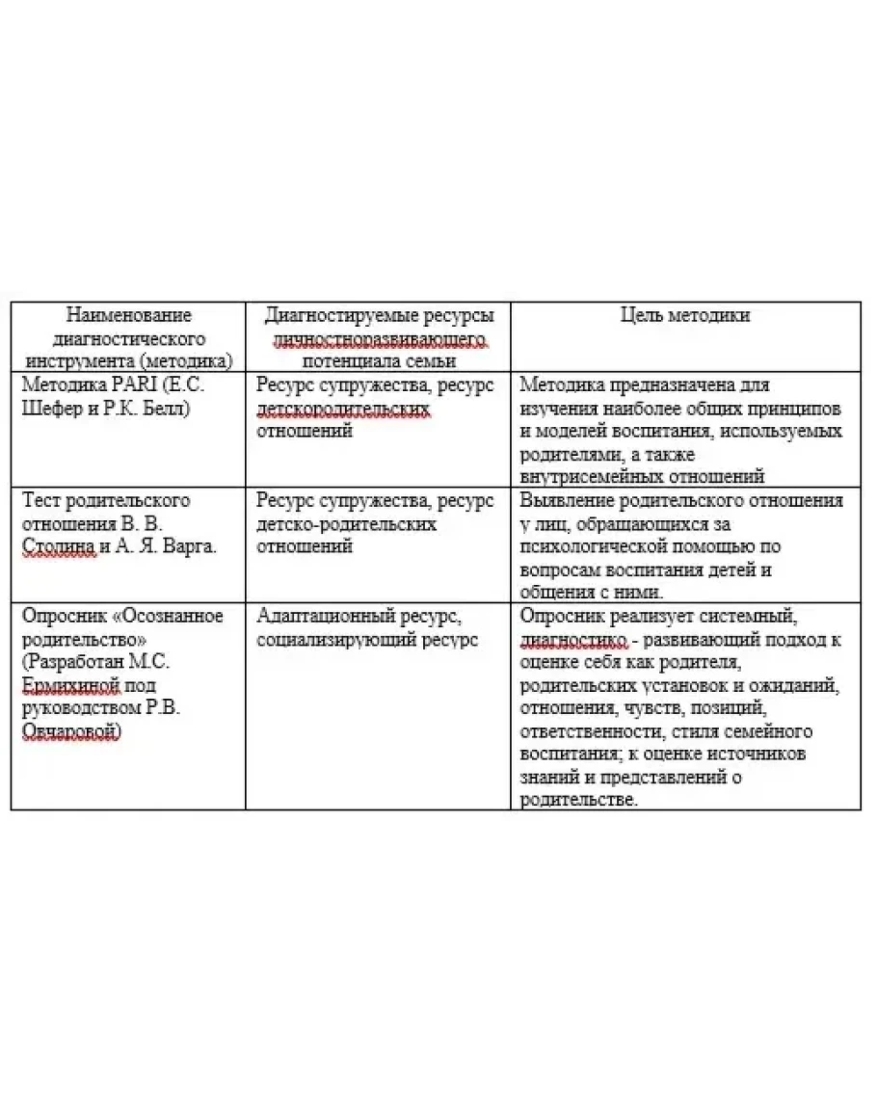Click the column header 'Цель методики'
(684, 316)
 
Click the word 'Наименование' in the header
(128, 316)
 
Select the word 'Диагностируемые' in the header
(324, 316)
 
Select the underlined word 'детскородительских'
(343, 408)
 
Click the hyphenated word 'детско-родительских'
(346, 524)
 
